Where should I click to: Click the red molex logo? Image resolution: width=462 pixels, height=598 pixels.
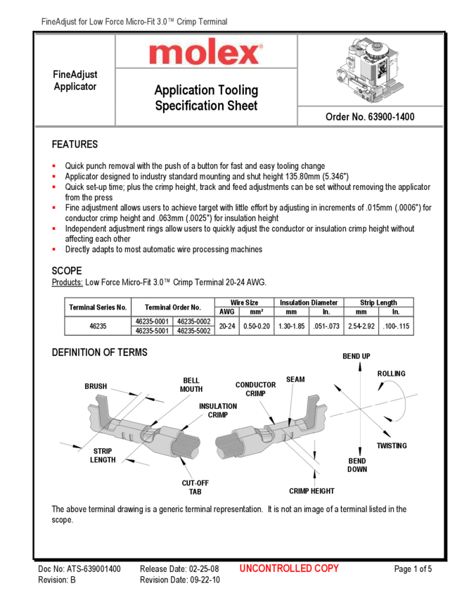[206, 52]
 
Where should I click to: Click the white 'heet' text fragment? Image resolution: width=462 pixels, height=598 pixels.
[246, 106]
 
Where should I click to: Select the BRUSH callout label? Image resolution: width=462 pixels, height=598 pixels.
[96, 386]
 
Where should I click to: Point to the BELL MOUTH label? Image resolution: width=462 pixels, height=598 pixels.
[191, 385]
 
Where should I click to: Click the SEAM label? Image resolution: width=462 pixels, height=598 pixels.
[295, 380]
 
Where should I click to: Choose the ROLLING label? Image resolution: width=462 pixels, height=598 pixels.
[391, 374]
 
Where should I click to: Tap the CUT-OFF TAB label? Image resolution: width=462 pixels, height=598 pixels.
[195, 488]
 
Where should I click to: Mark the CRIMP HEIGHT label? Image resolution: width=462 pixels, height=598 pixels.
[312, 492]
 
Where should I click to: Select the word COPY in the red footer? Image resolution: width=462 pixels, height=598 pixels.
[327, 568]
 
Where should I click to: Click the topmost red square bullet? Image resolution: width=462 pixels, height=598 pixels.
[53, 166]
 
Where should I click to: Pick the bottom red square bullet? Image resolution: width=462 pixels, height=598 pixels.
[53, 249]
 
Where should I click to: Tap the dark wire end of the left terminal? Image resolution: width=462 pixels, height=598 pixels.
[188, 445]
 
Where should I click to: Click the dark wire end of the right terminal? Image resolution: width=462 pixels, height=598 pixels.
[226, 445]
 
